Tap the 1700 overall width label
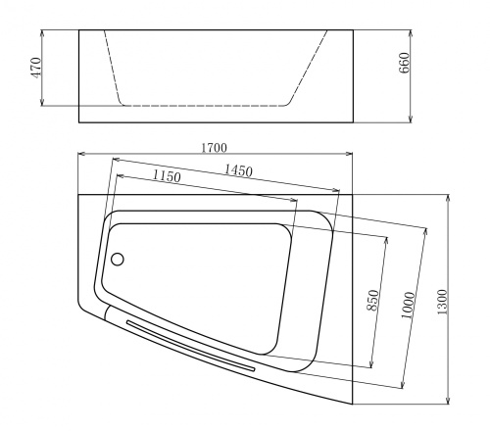pyautogui.click(x=215, y=147)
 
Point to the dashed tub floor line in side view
pyautogui.click(x=204, y=105)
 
